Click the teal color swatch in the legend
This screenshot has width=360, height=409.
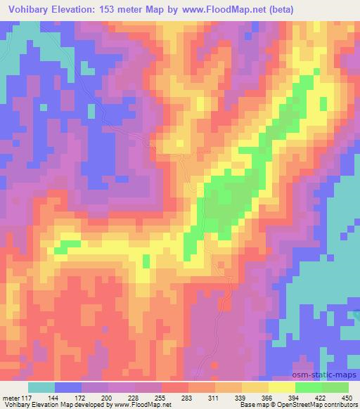41,388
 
